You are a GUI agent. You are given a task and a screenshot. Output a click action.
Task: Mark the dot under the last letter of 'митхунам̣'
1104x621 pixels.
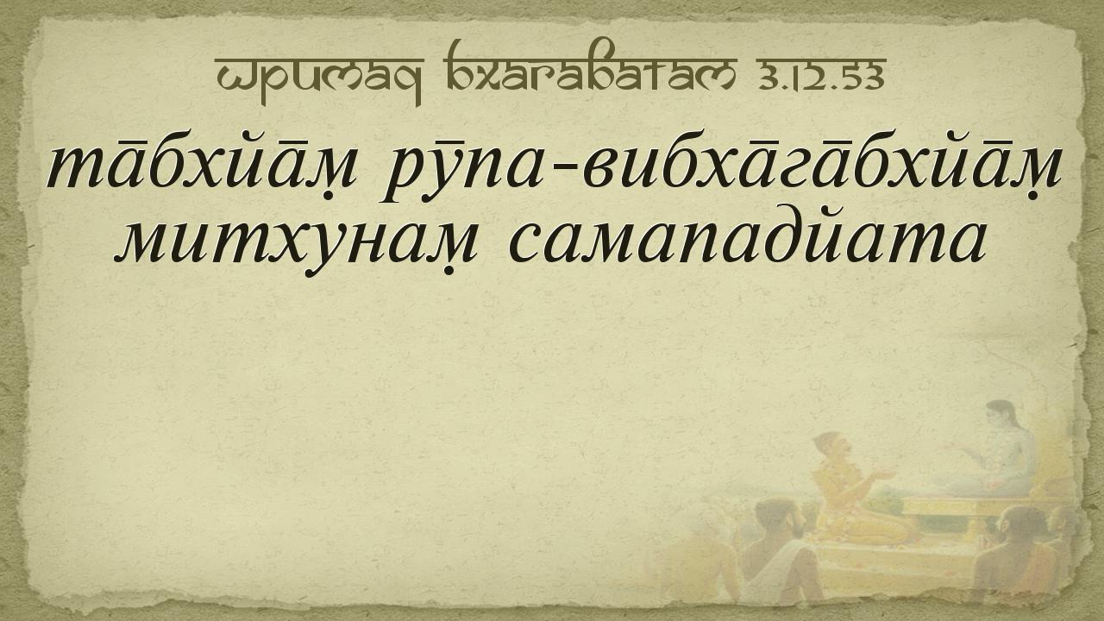tap(449, 271)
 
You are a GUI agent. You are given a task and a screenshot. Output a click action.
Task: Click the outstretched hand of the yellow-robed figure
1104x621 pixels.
tap(885, 474)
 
